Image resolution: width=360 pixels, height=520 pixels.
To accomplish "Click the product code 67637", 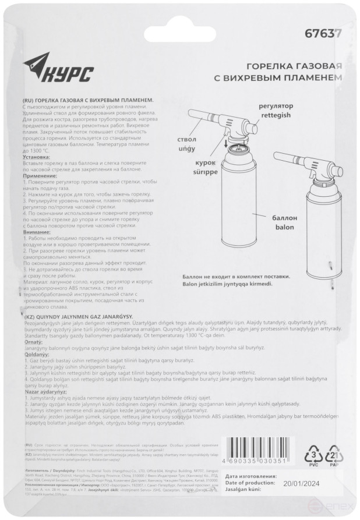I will click(323, 34).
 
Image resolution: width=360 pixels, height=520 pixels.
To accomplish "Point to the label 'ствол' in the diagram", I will click(191, 139).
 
